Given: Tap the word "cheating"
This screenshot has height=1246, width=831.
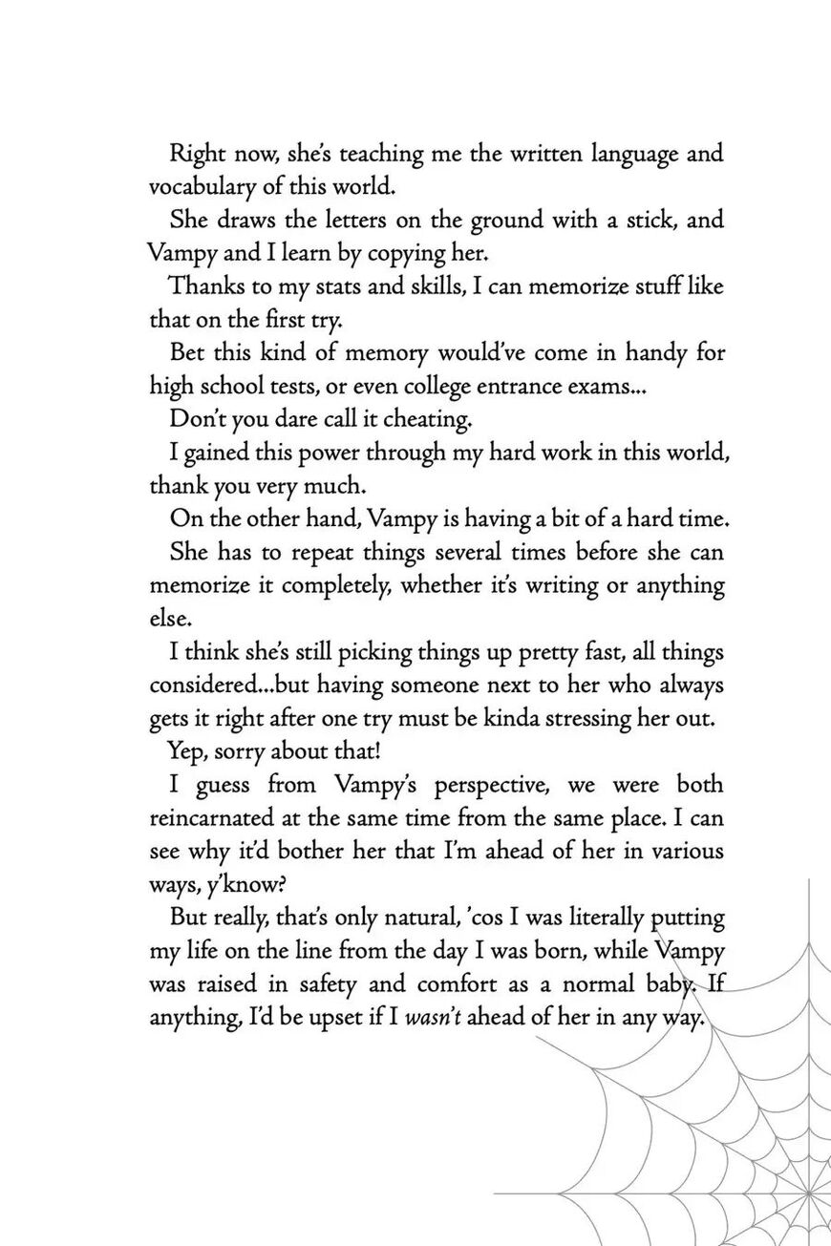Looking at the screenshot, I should [x=424, y=419].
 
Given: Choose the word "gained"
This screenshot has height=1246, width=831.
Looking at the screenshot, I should [x=222, y=453].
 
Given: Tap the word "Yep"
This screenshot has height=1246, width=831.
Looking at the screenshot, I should [x=187, y=751].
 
